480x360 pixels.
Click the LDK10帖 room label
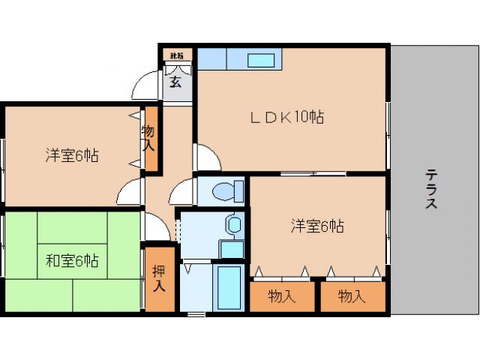[x=286, y=117]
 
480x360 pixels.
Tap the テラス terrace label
[x=431, y=189]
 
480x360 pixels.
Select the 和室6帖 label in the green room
[x=71, y=262]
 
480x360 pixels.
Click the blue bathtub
[x=228, y=288]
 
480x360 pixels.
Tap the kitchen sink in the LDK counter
[x=262, y=60]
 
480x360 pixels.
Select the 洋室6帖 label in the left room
[x=71, y=156]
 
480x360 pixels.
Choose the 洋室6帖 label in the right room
[x=317, y=226]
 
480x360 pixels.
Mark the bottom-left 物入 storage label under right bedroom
[x=282, y=296]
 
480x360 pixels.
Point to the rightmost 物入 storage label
[x=351, y=296]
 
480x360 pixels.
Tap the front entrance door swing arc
[x=145, y=86]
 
